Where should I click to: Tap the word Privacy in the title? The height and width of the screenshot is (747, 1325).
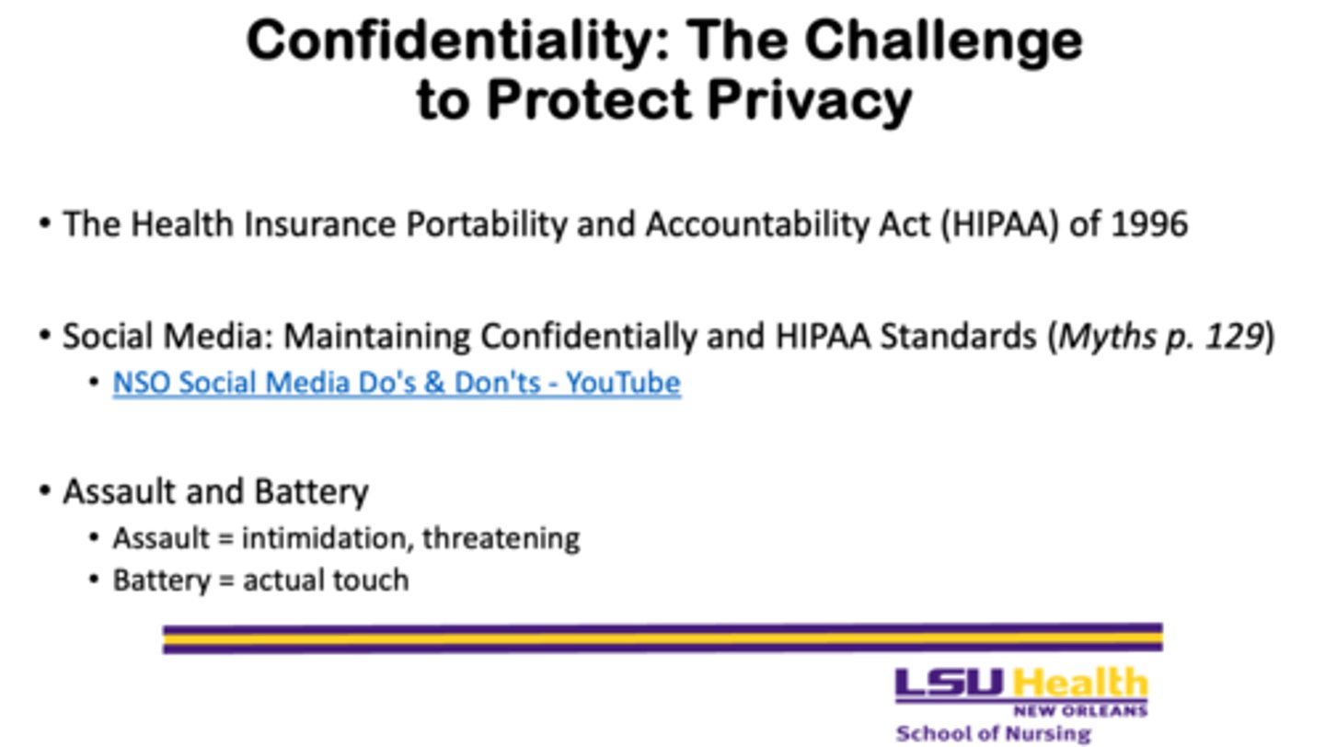point(810,100)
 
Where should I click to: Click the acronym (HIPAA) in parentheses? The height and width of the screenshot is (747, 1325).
point(999,224)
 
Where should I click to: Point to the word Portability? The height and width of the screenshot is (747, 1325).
point(486,224)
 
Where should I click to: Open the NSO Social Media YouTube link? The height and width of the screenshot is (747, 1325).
point(397,383)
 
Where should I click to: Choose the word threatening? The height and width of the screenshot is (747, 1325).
point(501,539)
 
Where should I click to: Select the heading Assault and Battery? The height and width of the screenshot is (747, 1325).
point(216,491)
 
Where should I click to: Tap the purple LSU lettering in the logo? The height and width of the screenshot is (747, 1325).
point(950,684)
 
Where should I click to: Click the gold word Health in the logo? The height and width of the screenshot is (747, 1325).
point(1080,684)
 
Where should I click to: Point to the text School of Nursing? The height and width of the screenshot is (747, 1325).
point(993,733)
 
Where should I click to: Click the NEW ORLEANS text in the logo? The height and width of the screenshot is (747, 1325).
point(1080,710)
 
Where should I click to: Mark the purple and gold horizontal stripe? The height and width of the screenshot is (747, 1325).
point(663,638)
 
